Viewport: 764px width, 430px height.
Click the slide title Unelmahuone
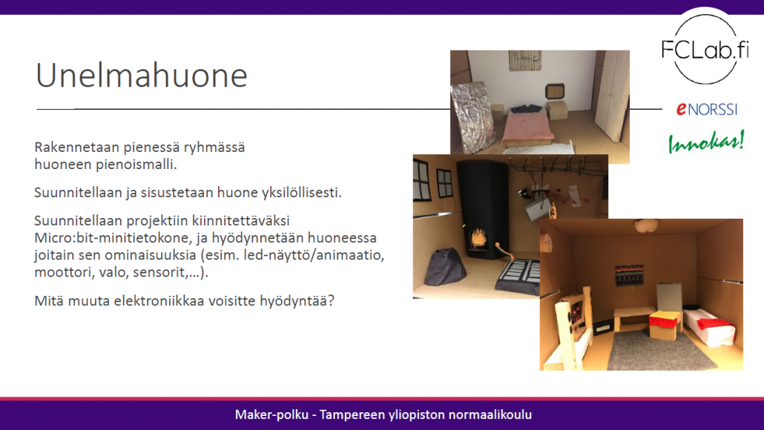[142, 76]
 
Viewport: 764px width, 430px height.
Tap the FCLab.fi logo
[705, 49]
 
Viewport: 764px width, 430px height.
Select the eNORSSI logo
[706, 109]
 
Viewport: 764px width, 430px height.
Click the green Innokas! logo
[706, 142]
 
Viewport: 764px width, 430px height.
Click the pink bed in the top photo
[529, 128]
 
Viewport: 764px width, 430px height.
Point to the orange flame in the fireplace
[478, 238]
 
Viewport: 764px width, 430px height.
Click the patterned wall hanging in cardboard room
[629, 276]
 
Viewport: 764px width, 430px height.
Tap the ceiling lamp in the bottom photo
[646, 226]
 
